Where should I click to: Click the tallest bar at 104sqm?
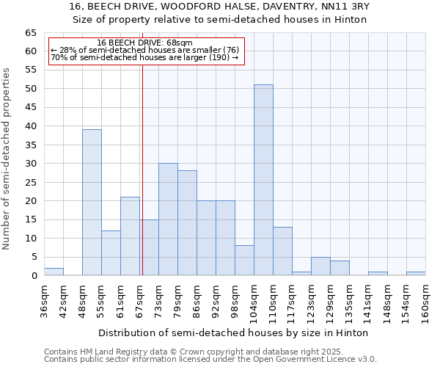coord(263,180)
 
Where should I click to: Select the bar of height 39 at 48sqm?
coord(92,202)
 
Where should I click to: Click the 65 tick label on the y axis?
coord(31,33)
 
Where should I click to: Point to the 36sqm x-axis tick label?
coord(44,299)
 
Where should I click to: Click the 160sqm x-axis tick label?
coord(425,299)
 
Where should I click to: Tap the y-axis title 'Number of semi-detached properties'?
coord(7,159)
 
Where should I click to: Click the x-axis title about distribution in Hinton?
coord(232,333)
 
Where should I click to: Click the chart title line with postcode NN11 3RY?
coord(220,7)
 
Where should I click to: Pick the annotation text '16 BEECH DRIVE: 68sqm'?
coord(144,43)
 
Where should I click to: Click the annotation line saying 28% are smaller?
coord(144,50)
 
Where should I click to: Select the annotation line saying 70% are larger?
coord(144,57)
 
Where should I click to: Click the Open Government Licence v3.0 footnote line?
coord(210,360)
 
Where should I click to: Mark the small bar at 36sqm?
coord(54,272)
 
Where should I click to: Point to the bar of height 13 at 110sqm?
coord(282,251)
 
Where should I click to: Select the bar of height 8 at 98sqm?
coord(244,261)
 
